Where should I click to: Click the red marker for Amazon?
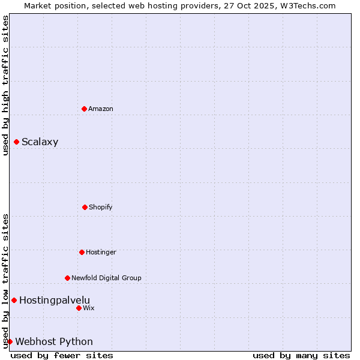tap(84, 109)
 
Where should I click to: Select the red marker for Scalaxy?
tap(16, 142)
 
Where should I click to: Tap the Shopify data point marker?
tap(85, 207)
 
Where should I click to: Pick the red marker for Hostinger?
tap(82, 252)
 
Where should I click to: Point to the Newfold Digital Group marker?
tap(67, 278)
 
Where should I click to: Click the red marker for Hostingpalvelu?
tap(14, 300)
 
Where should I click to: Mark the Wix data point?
tap(79, 308)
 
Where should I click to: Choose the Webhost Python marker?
tap(10, 341)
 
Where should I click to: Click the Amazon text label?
tap(101, 109)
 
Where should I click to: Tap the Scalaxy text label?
tap(40, 142)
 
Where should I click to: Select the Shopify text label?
tap(100, 207)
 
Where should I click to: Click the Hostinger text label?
tap(101, 252)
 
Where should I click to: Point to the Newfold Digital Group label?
tap(106, 278)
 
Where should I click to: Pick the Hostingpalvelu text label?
tap(55, 300)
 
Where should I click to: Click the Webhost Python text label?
tap(54, 342)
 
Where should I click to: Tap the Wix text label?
tap(89, 308)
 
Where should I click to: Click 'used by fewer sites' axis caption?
tap(62, 355)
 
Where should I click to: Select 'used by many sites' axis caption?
tap(301, 355)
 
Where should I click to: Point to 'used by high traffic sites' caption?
tap(5, 85)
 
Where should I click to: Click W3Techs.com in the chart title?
tap(307, 5)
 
